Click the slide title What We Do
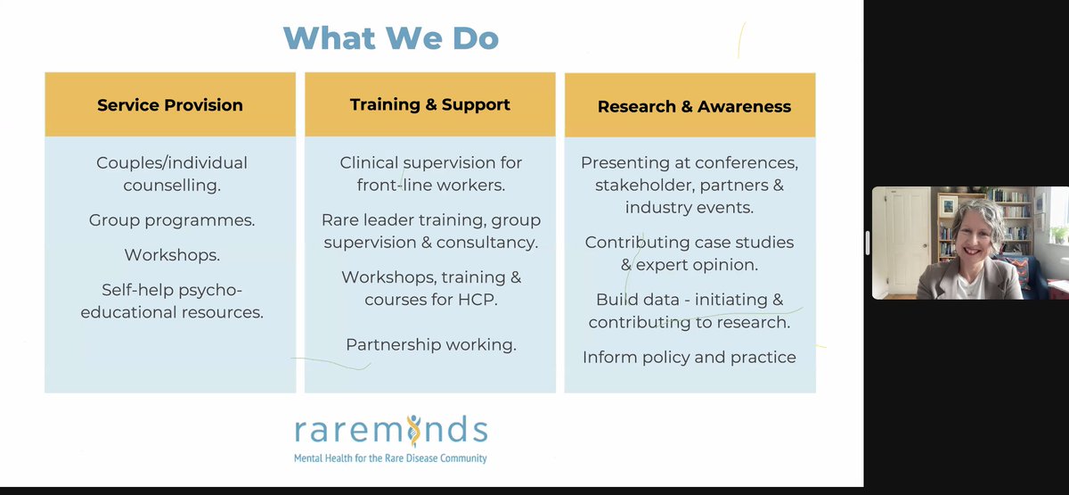click(390, 37)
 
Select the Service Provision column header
click(169, 105)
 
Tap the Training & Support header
click(430, 104)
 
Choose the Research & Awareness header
click(694, 106)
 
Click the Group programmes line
click(172, 219)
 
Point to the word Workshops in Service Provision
click(172, 254)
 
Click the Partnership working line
click(431, 344)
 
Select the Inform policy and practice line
click(690, 357)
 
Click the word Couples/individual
click(172, 163)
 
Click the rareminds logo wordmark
click(391, 431)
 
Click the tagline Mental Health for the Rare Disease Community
click(391, 458)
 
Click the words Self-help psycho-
click(172, 290)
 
